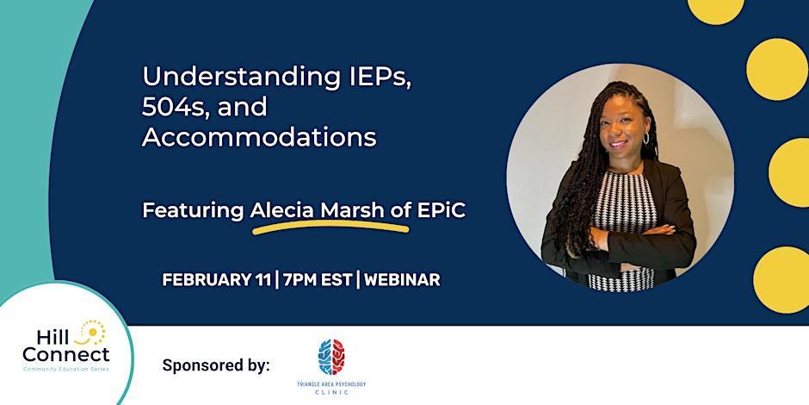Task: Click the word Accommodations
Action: (259, 137)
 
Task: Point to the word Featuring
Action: (193, 209)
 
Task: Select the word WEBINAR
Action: (402, 279)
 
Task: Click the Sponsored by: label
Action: (216, 364)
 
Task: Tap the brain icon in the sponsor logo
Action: (330, 356)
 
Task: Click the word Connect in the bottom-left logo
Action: (66, 354)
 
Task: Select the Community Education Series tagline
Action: (66, 368)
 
